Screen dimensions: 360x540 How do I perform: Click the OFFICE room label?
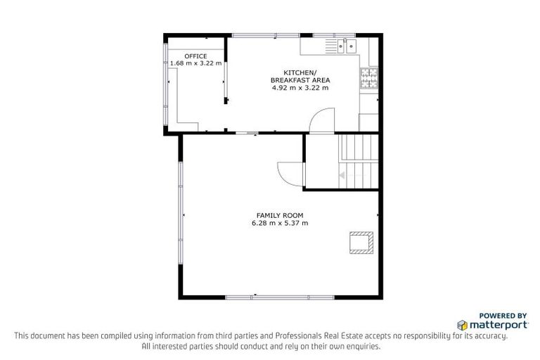click(195, 56)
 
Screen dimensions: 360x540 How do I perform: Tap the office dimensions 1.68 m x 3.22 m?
click(195, 63)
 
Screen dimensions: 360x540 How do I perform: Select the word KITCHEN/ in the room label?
click(300, 73)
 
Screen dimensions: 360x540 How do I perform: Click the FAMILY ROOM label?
click(279, 215)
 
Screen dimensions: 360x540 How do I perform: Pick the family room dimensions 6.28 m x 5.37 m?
click(279, 224)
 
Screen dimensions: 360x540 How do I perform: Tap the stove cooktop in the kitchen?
click(368, 78)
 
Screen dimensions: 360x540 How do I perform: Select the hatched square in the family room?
click(361, 241)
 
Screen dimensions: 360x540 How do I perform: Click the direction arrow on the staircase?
click(342, 175)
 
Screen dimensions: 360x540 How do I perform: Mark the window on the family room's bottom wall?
click(279, 297)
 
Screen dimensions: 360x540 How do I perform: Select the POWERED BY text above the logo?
click(503, 316)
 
